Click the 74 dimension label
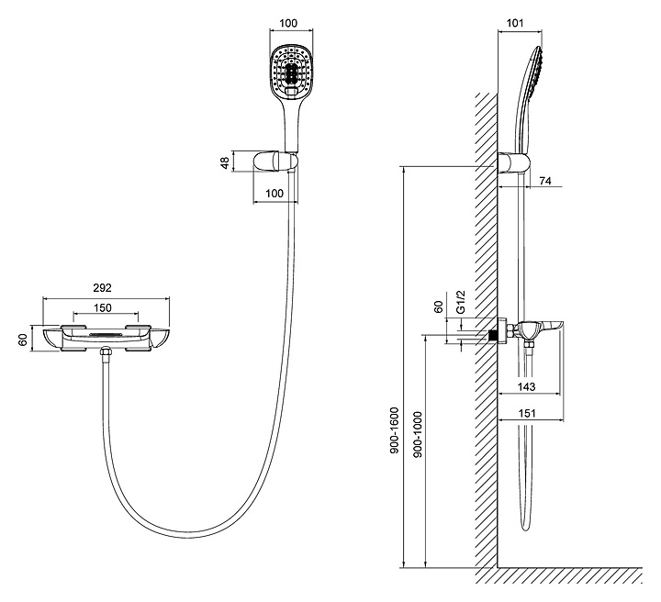(543, 182)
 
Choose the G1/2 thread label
(462, 302)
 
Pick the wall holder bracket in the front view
(274, 162)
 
